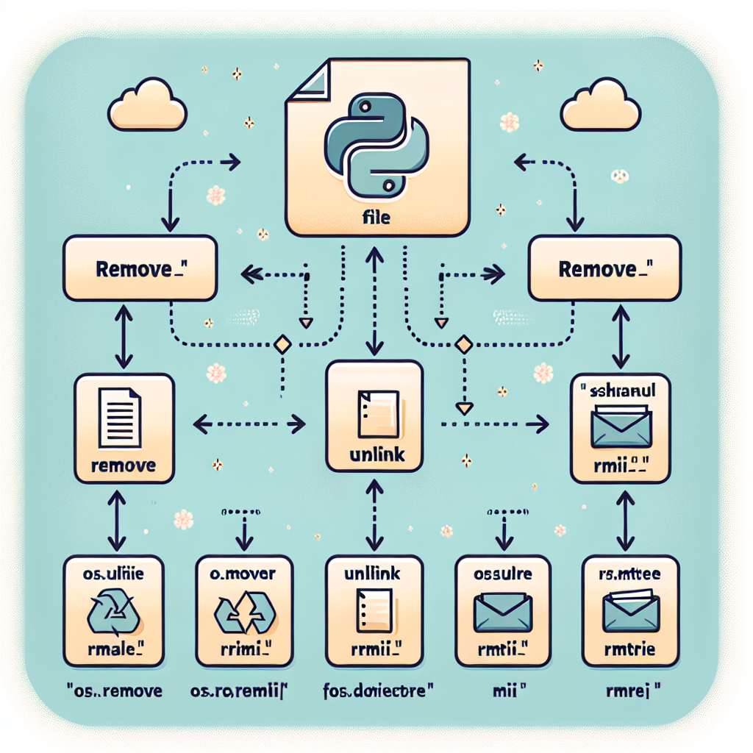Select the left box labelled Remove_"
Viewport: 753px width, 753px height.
point(140,268)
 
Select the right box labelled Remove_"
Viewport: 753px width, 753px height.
point(605,268)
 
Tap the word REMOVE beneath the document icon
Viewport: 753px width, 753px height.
point(124,465)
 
